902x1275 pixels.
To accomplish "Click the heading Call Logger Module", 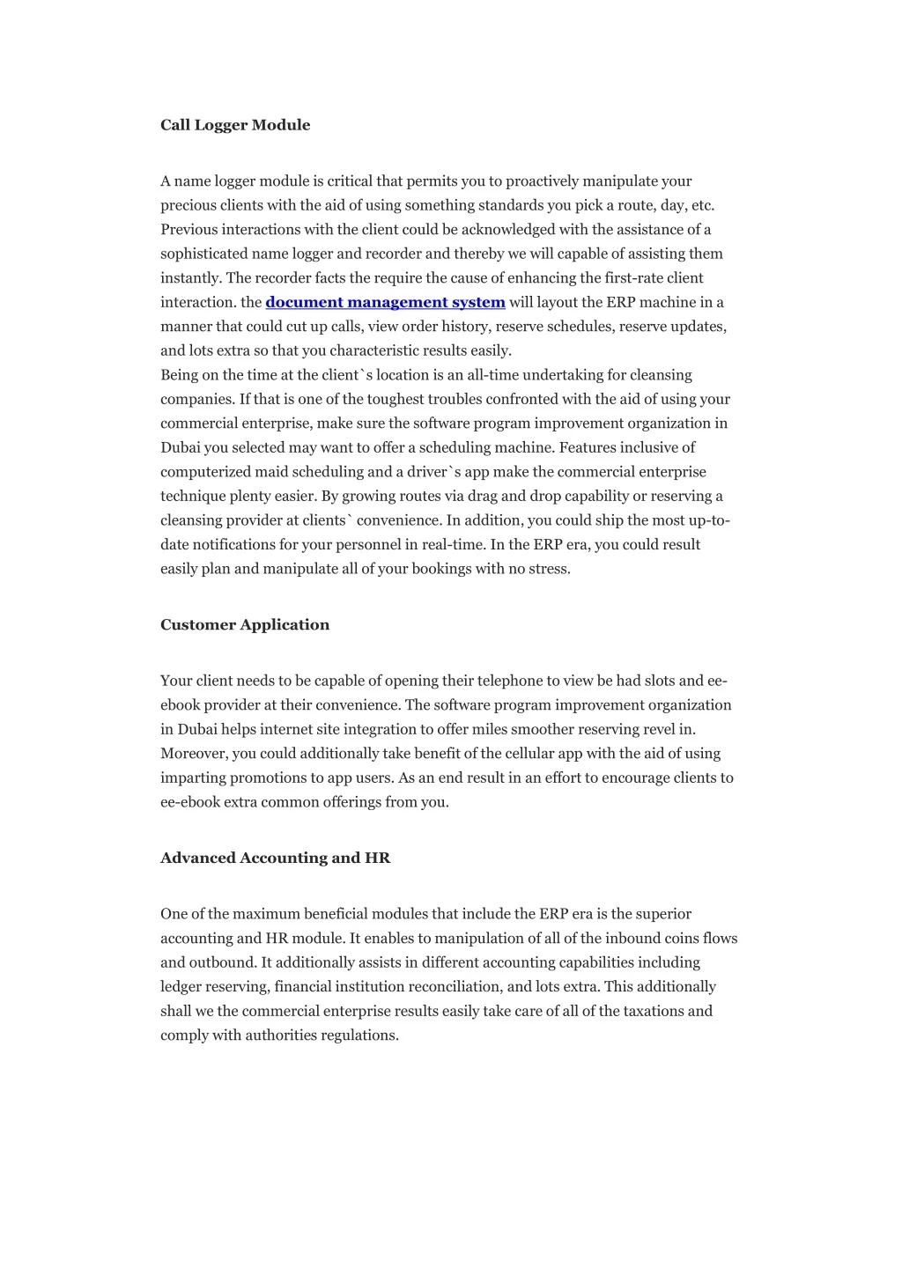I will [235, 125].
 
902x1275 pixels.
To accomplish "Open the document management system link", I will [385, 302].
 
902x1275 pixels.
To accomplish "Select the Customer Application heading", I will [245, 625].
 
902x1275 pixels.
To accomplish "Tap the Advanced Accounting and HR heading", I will [275, 858].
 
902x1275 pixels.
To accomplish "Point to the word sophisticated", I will [204, 254].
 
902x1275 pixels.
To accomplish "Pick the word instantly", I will [191, 278].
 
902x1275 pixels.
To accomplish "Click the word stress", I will [550, 569].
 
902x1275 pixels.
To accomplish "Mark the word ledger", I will [181, 987].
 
